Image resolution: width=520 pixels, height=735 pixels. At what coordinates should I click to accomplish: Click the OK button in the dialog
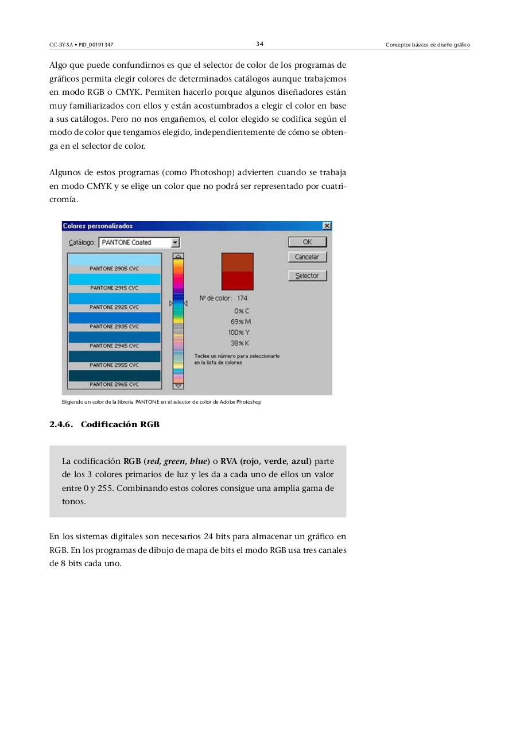307,242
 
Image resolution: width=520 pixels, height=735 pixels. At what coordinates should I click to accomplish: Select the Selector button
307,276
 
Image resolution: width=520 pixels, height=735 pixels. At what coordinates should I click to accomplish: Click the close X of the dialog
327,226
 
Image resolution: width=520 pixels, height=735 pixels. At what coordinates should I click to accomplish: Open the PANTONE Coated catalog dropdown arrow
176,243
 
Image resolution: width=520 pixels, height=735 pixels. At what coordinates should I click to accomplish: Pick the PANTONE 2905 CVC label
114,268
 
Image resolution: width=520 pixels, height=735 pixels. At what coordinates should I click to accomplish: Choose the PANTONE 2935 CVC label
114,326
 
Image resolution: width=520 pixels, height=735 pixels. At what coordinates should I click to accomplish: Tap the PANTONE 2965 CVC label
114,384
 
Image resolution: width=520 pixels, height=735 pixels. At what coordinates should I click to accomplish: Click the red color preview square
237,272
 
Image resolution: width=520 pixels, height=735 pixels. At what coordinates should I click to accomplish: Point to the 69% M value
240,322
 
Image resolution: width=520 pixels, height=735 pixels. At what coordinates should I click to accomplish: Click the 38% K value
239,343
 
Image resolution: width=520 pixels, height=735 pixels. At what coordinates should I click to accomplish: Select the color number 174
242,298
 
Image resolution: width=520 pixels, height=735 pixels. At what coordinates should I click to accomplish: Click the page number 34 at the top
260,44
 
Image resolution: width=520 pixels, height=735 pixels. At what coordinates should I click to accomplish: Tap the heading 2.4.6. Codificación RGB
104,424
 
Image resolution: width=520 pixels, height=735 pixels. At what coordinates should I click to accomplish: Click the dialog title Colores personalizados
98,226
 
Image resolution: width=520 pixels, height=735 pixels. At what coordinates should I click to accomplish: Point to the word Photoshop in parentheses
211,172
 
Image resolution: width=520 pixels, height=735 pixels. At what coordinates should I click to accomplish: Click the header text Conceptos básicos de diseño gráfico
428,45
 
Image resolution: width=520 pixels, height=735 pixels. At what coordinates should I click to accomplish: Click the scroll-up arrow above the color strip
178,256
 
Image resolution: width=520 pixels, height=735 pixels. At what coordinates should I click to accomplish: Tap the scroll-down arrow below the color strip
178,386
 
